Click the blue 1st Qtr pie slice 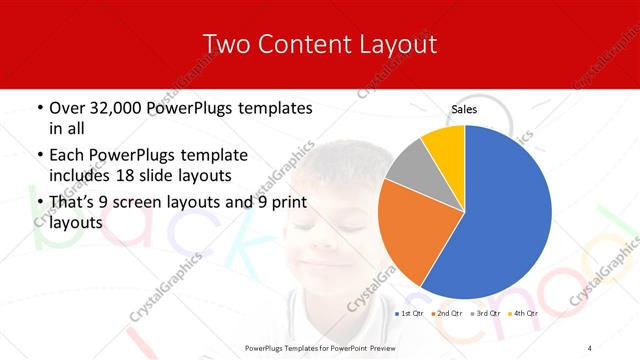point(505,215)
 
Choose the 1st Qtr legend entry point(410,314)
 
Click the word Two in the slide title point(225,44)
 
